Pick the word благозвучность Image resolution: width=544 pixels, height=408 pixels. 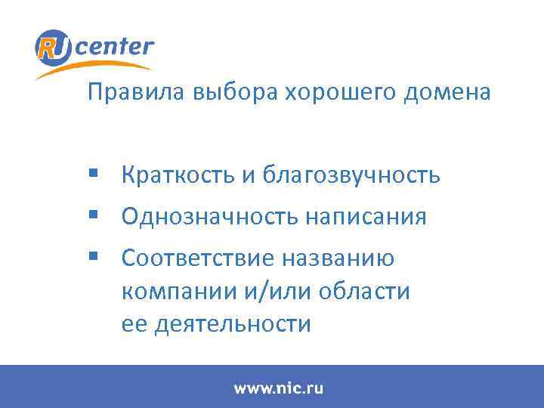351,176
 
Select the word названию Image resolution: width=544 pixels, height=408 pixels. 337,259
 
